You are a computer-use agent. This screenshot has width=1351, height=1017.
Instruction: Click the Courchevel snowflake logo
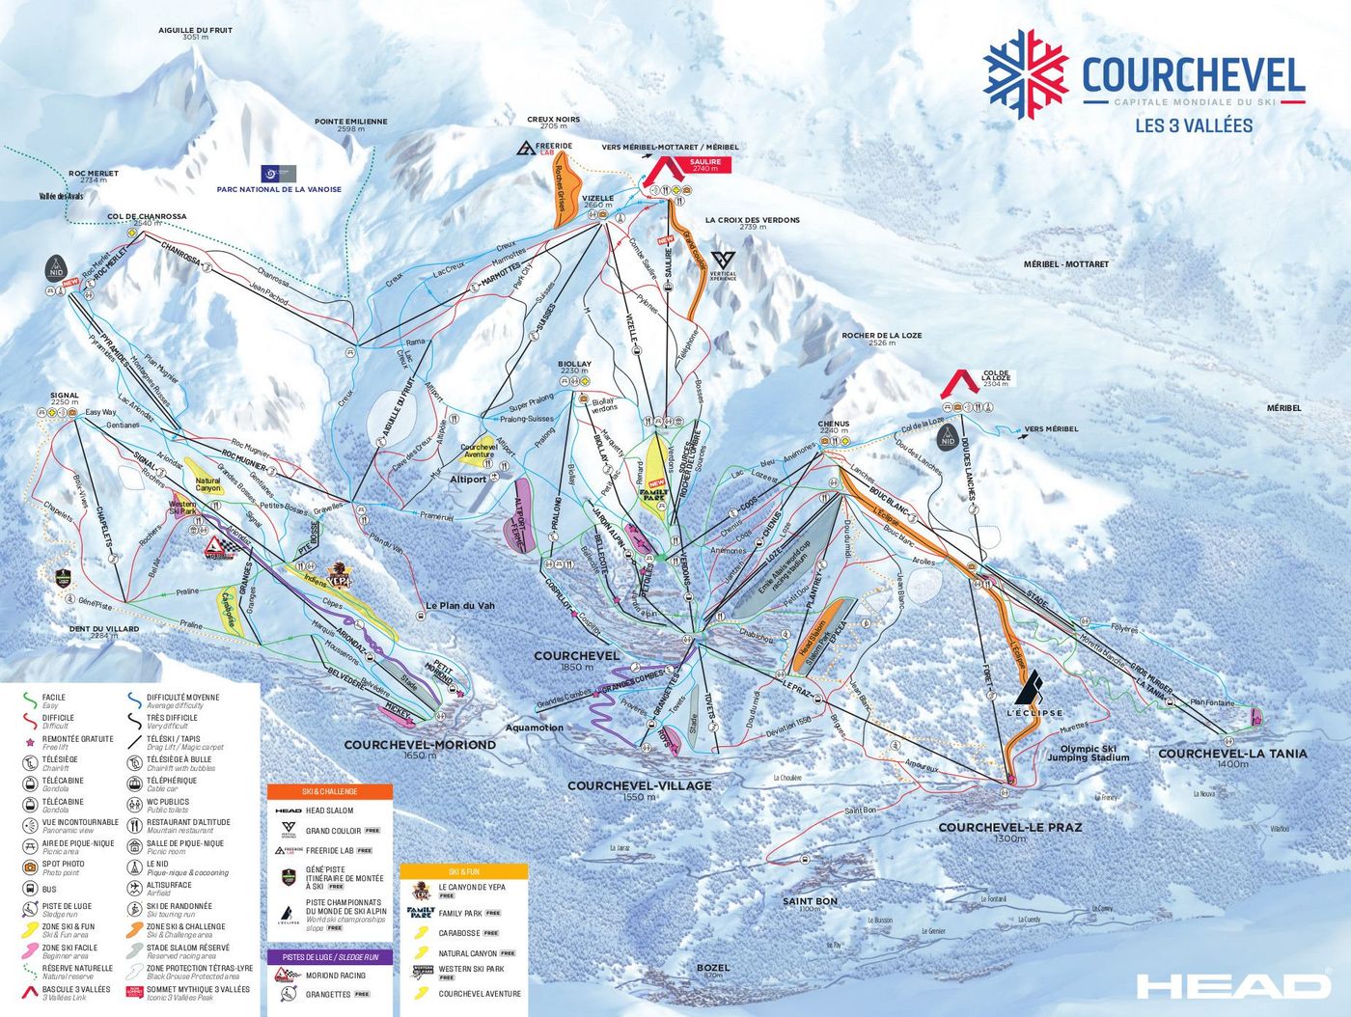click(x=1025, y=74)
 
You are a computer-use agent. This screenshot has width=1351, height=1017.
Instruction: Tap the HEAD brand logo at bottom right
click(x=1232, y=985)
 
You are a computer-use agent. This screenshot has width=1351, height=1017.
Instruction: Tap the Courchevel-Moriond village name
click(x=420, y=745)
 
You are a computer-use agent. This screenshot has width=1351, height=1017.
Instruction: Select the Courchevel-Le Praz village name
click(x=1009, y=828)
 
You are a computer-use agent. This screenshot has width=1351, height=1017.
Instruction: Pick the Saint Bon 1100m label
click(x=810, y=902)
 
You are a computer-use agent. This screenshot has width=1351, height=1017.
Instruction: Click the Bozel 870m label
click(x=713, y=968)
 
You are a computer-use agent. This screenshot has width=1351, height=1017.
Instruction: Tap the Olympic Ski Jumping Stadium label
click(x=1088, y=753)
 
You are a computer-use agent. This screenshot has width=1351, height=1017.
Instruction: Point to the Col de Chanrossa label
click(x=147, y=218)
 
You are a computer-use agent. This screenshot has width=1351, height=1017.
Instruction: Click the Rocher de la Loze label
click(x=881, y=337)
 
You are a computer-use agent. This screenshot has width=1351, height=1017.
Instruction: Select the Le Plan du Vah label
click(x=459, y=606)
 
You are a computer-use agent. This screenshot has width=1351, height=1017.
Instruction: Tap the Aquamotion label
click(x=534, y=728)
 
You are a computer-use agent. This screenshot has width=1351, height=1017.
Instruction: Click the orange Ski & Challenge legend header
click(x=329, y=791)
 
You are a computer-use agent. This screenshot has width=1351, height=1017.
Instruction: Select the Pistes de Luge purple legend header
click(x=329, y=957)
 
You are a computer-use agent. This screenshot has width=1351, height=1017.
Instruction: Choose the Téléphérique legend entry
click(x=171, y=781)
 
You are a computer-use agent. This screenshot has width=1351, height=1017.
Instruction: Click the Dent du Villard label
click(x=104, y=629)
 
